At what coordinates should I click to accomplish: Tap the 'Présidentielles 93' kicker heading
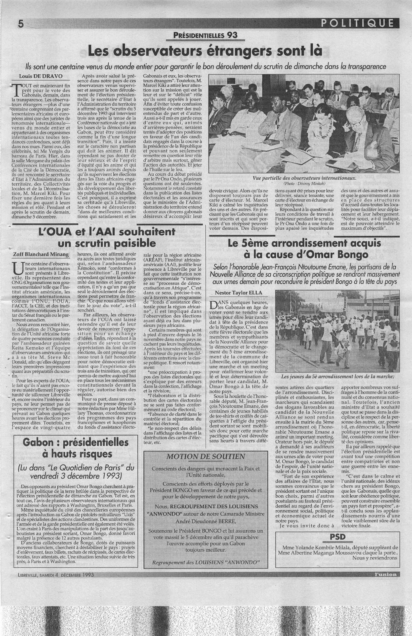click(206, 36)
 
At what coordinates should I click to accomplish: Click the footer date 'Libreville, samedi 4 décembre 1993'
click(60, 575)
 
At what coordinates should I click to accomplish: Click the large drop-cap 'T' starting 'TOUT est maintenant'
click(17, 89)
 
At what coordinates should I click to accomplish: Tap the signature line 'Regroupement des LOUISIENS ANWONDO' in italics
click(206, 561)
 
